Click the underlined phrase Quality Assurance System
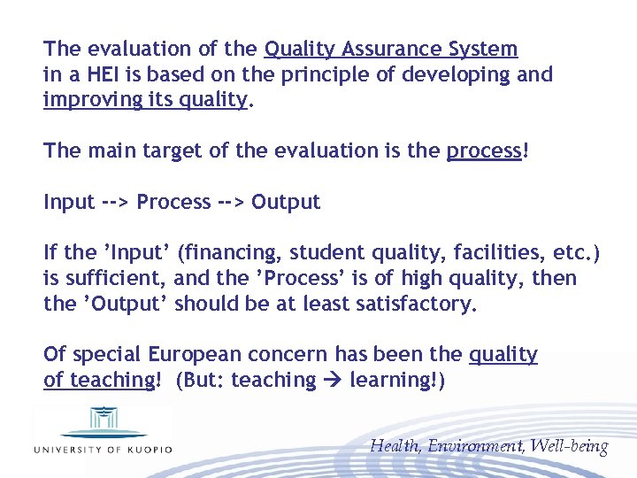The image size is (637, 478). (x=391, y=49)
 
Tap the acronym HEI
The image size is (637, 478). (x=100, y=74)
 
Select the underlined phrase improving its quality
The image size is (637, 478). (x=146, y=100)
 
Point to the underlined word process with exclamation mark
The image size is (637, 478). (x=487, y=150)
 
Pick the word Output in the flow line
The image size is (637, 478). (x=286, y=202)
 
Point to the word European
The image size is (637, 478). (x=194, y=355)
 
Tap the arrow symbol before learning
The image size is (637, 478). (x=333, y=381)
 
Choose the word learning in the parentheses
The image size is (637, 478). (x=392, y=381)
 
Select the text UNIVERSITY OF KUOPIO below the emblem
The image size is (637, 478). (x=103, y=449)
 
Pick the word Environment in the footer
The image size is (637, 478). (x=477, y=446)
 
